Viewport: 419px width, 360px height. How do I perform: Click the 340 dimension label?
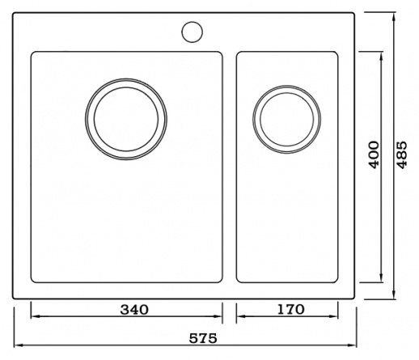click(x=134, y=310)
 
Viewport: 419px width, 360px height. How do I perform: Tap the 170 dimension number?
click(x=290, y=309)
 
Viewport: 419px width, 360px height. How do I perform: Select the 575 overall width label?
click(x=203, y=338)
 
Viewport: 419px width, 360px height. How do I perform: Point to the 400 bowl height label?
click(x=374, y=155)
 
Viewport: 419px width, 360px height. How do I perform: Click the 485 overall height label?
click(x=402, y=155)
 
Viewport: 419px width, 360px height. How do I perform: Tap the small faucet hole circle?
click(x=192, y=32)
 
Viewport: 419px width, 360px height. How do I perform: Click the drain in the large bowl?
click(x=126, y=119)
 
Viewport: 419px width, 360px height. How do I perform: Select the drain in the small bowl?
click(x=286, y=120)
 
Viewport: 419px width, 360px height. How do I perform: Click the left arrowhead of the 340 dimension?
click(x=34, y=316)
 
